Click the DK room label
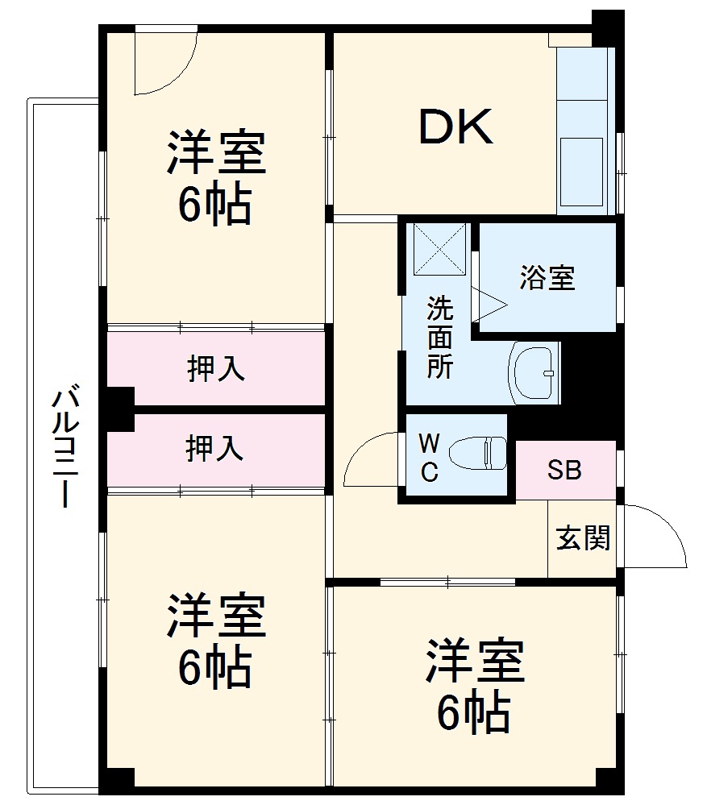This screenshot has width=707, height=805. tap(455, 127)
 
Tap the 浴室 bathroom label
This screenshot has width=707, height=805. tap(547, 279)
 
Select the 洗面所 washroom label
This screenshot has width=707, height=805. tap(439, 338)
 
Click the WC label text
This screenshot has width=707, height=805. tap(429, 458)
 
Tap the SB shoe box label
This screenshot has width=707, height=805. tap(564, 471)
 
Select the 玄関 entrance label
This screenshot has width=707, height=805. tap(583, 538)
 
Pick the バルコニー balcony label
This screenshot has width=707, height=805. tap(65, 448)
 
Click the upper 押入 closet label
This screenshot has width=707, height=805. tap(215, 369)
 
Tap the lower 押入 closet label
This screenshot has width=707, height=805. tap(215, 449)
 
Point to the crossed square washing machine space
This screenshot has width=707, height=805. tap(439, 248)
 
